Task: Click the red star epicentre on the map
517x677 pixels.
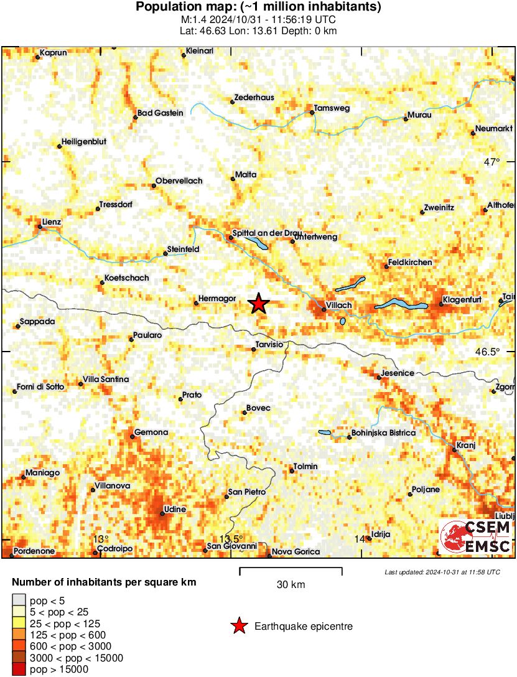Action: [x=259, y=304]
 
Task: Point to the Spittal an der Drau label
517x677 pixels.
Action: [x=266, y=233]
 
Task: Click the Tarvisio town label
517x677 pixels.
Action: [x=269, y=344]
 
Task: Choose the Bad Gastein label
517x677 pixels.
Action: [x=161, y=113]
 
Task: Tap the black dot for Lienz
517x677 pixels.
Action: [x=40, y=226]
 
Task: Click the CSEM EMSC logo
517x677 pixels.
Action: [x=476, y=536]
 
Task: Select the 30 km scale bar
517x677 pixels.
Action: [x=291, y=569]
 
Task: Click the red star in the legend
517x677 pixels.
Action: [x=238, y=626]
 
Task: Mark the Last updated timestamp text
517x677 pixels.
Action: [x=442, y=572]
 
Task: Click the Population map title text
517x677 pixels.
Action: [x=258, y=7]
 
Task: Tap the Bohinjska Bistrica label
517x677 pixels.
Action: [x=383, y=432]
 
